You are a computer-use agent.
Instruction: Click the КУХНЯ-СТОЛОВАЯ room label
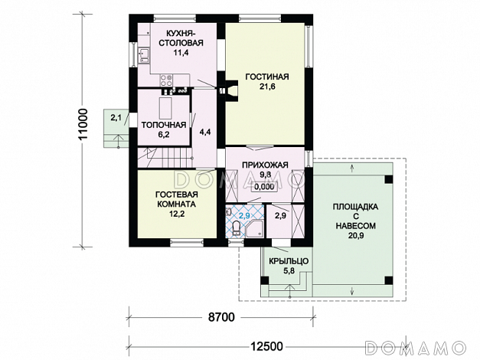pos(181,38)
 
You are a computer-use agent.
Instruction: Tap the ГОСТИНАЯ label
pos(267,77)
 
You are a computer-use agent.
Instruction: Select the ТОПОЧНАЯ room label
pos(164,125)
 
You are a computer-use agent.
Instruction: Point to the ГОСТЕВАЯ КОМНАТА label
pos(177,199)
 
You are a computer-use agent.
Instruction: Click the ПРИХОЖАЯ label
pos(265,165)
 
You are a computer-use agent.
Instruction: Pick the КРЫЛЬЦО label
pos(289,261)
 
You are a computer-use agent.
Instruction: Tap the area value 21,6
pos(267,87)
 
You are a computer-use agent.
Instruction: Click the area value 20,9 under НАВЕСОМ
pos(355,235)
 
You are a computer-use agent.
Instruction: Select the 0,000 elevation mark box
pos(264,187)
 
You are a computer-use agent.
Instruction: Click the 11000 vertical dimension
pos(83,124)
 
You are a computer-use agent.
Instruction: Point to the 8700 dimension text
pos(221,317)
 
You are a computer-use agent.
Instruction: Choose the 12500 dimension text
pos(266,346)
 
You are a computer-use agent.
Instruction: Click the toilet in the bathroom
pos(237,228)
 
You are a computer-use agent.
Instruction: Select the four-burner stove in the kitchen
pos(166,80)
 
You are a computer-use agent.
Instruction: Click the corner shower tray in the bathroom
pos(255,230)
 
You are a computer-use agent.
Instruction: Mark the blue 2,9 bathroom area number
pos(244,215)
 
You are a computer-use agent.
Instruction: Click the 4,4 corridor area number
pos(205,132)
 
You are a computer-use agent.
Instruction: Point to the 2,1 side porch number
pos(116,117)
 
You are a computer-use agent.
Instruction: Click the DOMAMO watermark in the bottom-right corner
pos(416,347)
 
